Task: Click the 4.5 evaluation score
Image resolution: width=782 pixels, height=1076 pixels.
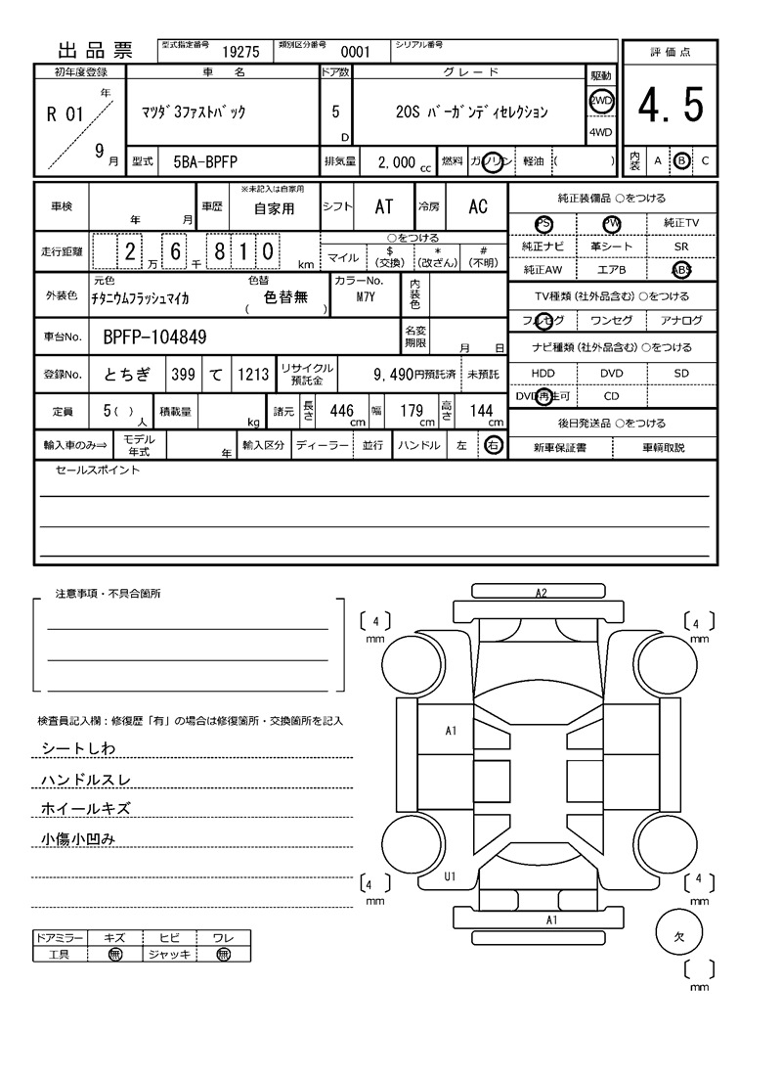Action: click(671, 106)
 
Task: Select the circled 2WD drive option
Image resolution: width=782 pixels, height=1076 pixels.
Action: click(600, 100)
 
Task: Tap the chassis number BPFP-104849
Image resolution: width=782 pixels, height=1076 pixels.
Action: click(154, 338)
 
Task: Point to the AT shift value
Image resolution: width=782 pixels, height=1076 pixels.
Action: click(384, 206)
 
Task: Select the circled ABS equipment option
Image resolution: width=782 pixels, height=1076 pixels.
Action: click(680, 270)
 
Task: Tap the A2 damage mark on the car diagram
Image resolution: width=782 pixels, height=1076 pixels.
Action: click(541, 593)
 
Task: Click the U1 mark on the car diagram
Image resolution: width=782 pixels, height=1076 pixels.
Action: click(451, 876)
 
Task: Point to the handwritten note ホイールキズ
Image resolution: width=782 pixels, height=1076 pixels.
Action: click(85, 809)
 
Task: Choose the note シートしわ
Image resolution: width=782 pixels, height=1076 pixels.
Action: click(78, 748)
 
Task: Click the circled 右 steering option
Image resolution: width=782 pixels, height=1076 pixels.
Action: click(494, 445)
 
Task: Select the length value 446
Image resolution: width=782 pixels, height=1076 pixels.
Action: click(341, 412)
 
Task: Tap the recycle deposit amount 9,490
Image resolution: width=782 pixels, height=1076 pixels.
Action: click(394, 374)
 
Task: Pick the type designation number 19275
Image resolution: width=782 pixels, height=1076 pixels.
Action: click(240, 53)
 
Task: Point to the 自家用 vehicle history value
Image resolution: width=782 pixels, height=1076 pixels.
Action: click(274, 209)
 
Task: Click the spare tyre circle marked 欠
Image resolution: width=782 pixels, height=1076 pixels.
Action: click(680, 934)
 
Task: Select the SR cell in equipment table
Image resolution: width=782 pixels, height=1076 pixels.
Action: click(680, 247)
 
